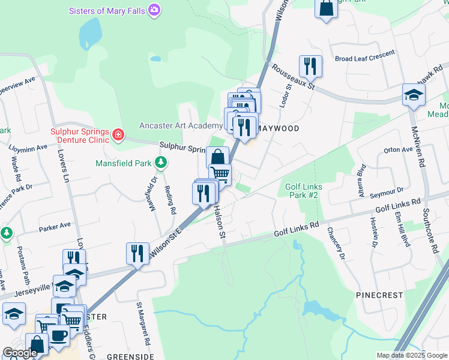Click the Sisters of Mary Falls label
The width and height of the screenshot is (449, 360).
coord(107,10)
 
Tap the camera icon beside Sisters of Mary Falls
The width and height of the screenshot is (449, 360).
coord(155,10)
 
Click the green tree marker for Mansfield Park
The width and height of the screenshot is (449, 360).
coord(160,162)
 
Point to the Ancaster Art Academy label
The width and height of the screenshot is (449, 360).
coord(181,125)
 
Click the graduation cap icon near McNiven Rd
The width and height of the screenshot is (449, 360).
coord(414,94)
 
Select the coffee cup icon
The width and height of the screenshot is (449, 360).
coord(59,336)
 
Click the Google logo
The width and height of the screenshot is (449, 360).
coord(19,353)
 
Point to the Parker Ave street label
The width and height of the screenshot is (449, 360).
coord(55,226)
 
